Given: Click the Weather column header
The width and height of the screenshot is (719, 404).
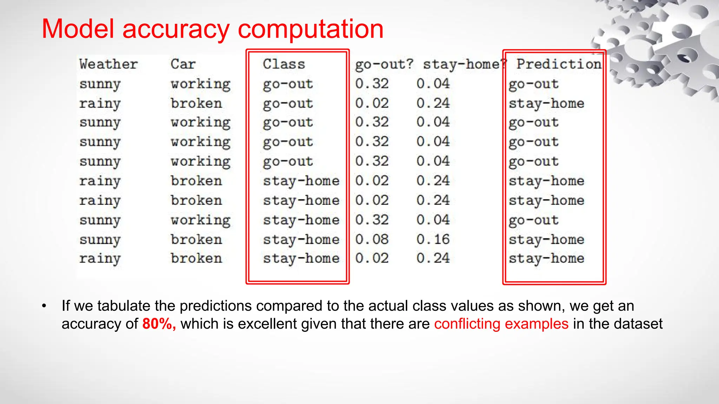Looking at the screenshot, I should (x=108, y=64).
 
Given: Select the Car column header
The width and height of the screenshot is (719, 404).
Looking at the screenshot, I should (x=183, y=64).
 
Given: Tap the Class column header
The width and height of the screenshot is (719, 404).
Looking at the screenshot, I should (x=284, y=64).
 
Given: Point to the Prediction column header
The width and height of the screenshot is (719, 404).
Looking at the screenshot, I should (x=559, y=64).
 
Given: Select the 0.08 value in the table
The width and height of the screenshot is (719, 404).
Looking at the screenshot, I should (x=372, y=239).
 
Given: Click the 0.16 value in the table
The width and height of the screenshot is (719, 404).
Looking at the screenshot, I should (x=433, y=239).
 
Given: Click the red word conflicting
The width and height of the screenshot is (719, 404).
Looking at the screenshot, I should (x=467, y=324).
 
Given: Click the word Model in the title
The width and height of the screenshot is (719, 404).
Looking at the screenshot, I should (x=78, y=29).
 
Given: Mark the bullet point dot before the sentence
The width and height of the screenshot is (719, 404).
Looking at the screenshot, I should (x=44, y=306).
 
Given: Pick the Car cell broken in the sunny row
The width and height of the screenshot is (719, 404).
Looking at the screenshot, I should (x=196, y=240).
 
